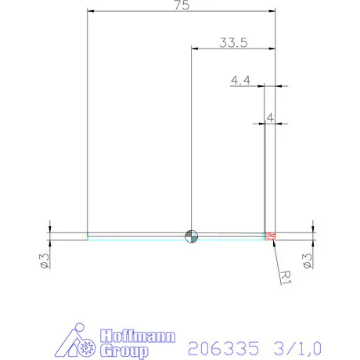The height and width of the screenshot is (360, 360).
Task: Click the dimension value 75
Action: [x=182, y=5]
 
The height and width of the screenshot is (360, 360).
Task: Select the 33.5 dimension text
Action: [x=232, y=43]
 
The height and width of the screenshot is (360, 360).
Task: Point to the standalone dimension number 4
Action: [x=269, y=117]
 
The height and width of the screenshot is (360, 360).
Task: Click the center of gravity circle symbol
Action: [x=191, y=236]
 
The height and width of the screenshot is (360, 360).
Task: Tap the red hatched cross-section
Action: [x=271, y=236]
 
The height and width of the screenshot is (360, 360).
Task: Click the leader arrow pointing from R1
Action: [x=276, y=250]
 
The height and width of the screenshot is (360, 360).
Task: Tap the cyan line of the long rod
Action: [x=141, y=239]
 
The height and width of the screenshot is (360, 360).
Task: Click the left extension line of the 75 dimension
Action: [x=87, y=117]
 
